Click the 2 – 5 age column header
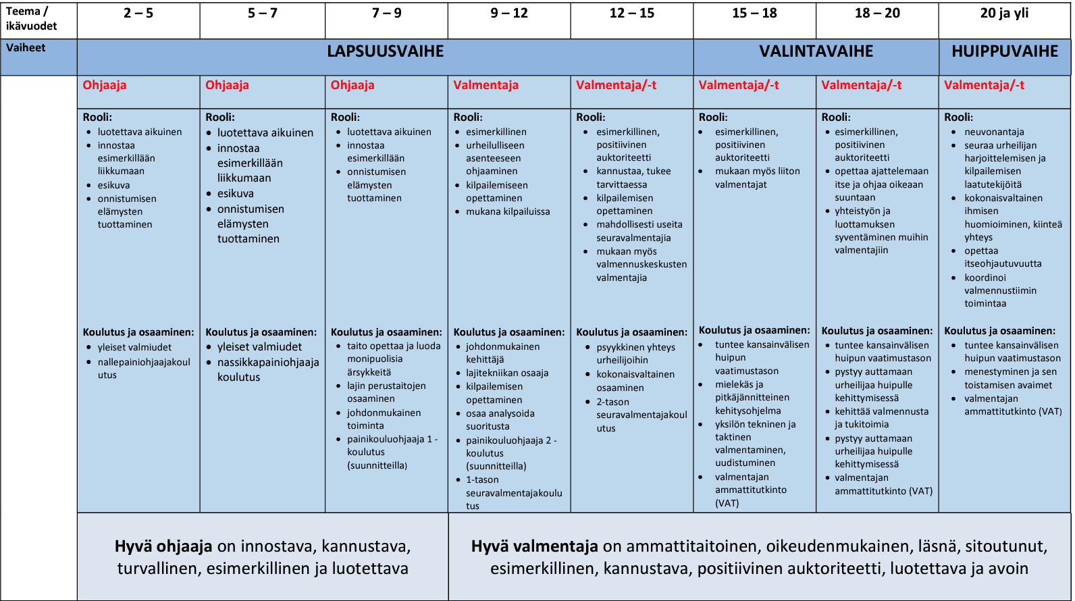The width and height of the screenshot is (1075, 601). pos(138,14)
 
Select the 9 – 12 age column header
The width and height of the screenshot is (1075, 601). pos(509,14)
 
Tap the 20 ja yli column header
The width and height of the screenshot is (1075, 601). pos(1004,14)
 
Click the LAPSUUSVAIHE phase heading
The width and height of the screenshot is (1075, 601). pos(385,51)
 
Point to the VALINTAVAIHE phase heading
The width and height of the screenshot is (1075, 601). pos(816,51)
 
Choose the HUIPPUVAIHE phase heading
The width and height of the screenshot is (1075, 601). pos(1005,51)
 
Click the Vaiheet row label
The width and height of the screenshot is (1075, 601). pos(26,48)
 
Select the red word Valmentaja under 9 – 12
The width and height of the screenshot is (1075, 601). pos(486,85)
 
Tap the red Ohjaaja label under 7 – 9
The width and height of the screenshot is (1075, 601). pos(352,85)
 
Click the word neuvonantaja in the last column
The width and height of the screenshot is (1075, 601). pos(994,132)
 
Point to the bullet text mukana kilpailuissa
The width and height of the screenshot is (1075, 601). pos(508,211)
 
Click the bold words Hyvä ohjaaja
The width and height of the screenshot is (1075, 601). pos(163,546)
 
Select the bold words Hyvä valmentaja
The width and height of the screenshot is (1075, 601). pos(535,546)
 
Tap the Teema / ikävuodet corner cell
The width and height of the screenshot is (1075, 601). pos(31,19)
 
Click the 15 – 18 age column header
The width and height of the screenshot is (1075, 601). pos(754,14)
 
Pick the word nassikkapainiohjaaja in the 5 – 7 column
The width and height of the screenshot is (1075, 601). pos(268,363)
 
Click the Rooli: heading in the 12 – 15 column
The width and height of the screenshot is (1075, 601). pos(590,117)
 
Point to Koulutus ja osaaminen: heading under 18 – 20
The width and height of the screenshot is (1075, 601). pos(876,331)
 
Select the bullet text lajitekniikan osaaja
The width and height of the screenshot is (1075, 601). pos(507,373)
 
